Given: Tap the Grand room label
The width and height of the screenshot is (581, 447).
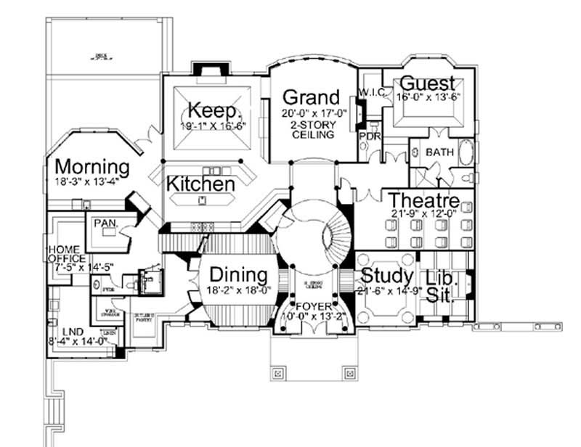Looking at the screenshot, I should tap(310, 97).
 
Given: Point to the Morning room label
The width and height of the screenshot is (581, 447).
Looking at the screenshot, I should tap(92, 167).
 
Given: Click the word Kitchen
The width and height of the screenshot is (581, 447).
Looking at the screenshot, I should tap(200, 184).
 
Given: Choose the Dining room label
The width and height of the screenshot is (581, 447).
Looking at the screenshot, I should tap(238, 275).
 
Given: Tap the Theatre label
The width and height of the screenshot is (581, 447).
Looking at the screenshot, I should tap(423, 200).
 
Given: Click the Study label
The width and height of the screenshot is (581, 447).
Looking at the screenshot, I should tap(387, 276).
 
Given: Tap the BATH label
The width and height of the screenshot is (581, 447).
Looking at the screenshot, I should tap(439, 152).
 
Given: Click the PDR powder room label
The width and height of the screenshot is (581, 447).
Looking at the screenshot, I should tap(370, 136).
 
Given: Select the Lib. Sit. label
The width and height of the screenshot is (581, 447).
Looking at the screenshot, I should tap(439, 286).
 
